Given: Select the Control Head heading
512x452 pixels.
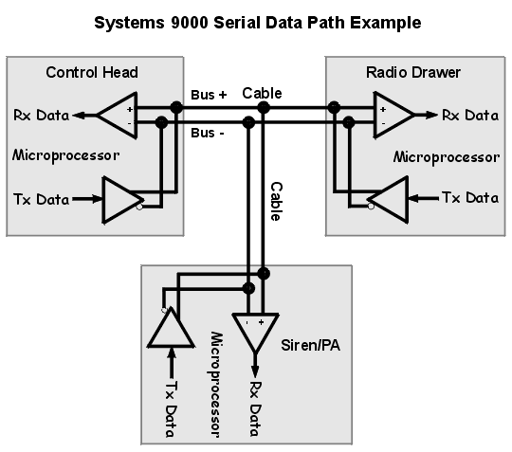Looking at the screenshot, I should [x=92, y=72].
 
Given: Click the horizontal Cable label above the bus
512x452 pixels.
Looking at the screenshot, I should [x=262, y=93].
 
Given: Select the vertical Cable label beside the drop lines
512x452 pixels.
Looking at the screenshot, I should [x=276, y=201].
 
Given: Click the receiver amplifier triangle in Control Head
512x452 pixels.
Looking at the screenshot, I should [x=119, y=115].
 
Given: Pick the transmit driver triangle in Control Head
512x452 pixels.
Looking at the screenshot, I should [x=122, y=199].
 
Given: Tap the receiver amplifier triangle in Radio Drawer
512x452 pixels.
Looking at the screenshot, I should [x=392, y=115].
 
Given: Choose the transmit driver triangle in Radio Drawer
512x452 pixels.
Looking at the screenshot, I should [x=388, y=199].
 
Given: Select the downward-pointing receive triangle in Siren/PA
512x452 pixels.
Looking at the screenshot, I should [x=255, y=329].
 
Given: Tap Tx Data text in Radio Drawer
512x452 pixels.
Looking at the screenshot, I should [x=471, y=198].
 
